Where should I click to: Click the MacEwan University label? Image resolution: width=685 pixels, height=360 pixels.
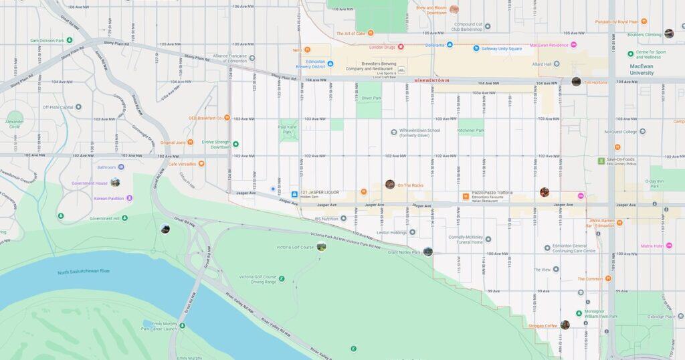pyautogui.click(x=646, y=70)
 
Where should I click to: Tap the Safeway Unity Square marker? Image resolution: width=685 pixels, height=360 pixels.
pyautogui.click(x=476, y=48)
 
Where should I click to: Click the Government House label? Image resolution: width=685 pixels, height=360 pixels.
pyautogui.click(x=90, y=183)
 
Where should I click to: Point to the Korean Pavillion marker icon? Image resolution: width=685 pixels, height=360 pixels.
pyautogui.click(x=129, y=198)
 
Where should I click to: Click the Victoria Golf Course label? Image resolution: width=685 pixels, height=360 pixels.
pyautogui.click(x=295, y=247)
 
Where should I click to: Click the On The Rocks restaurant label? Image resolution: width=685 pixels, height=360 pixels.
pyautogui.click(x=410, y=185)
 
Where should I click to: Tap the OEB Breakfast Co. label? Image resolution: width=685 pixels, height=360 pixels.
pyautogui.click(x=205, y=118)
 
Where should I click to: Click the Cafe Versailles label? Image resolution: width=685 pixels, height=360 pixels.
pyautogui.click(x=182, y=163)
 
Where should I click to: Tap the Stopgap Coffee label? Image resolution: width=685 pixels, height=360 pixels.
pyautogui.click(x=541, y=325)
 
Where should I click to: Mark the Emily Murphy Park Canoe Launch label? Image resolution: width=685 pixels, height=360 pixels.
pyautogui.click(x=159, y=325)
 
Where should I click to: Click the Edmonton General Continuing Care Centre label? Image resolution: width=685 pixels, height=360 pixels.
pyautogui.click(x=573, y=248)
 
